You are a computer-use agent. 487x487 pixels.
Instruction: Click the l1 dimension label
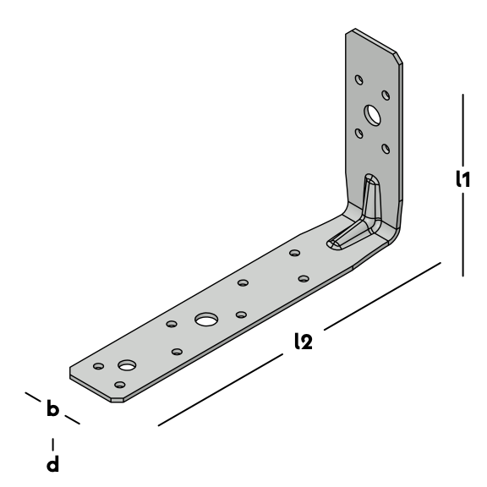point(462,179)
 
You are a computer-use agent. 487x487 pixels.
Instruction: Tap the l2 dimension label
point(304,341)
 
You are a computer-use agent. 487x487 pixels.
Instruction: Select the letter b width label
point(52,408)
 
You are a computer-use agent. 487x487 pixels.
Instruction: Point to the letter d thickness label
point(52,463)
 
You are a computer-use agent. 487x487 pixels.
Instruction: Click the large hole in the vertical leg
point(372,115)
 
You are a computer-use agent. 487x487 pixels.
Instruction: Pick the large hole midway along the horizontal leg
point(206,320)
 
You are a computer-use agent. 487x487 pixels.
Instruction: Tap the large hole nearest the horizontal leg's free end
point(127,365)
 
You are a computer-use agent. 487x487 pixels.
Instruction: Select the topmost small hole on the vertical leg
point(359,79)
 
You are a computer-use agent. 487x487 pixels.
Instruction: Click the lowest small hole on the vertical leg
point(386,149)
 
